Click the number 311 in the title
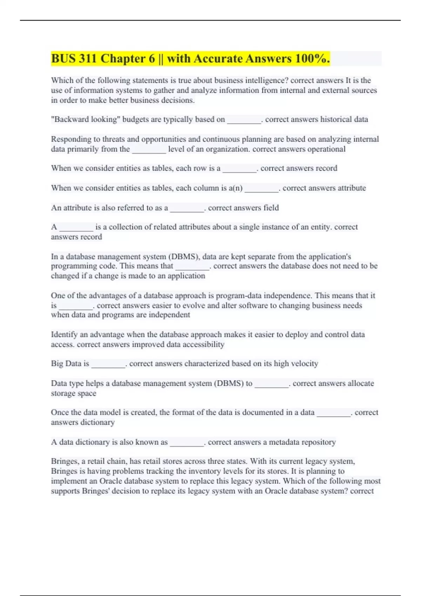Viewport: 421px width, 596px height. point(88,59)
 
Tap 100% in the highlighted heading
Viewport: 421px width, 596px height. point(310,59)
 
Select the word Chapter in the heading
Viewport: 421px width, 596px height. point(128,59)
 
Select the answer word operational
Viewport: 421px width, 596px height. point(326,149)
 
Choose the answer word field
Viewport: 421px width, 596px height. point(271,208)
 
